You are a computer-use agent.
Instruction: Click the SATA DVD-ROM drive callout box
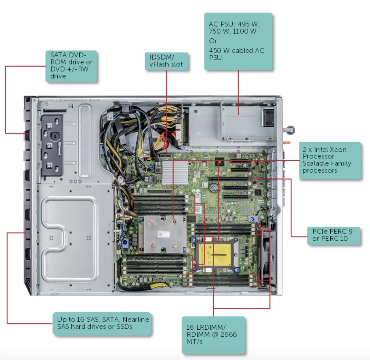(71, 66)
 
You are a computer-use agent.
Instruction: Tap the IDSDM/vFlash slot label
(166, 61)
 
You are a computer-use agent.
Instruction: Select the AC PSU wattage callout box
(238, 41)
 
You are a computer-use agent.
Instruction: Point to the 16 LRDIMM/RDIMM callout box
(213, 335)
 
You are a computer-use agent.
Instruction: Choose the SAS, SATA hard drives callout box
(102, 323)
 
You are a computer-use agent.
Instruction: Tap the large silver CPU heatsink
(162, 234)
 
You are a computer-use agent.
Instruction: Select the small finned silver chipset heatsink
(175, 172)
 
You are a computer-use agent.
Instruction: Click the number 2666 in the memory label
(229, 334)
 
